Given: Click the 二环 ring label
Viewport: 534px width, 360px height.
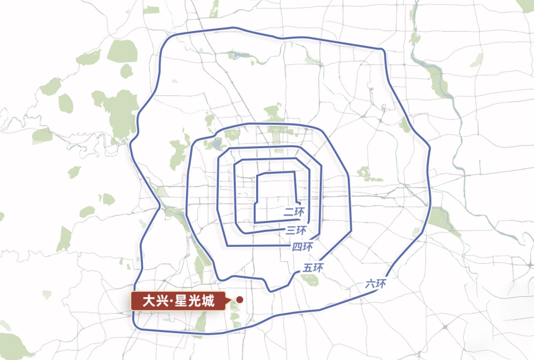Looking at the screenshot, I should pyautogui.click(x=294, y=212).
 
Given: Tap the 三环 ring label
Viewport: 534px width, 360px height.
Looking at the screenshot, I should pyautogui.click(x=296, y=230).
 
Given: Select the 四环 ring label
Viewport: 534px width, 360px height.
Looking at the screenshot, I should pyautogui.click(x=302, y=247).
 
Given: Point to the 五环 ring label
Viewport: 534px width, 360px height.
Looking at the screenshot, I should pyautogui.click(x=313, y=268).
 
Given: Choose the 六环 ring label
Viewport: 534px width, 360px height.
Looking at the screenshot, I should pyautogui.click(x=376, y=284).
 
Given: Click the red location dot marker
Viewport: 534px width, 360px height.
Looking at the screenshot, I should pyautogui.click(x=239, y=300).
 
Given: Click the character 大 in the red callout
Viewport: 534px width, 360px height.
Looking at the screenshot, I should pyautogui.click(x=149, y=301).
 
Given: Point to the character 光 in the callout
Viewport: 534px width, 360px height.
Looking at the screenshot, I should pyautogui.click(x=194, y=301).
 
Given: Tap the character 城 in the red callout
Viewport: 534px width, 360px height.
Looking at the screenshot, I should pyautogui.click(x=208, y=301).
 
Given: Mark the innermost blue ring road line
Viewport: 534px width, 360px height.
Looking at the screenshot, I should pyautogui.click(x=275, y=172).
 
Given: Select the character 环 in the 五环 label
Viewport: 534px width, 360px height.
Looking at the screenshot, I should pyautogui.click(x=318, y=268).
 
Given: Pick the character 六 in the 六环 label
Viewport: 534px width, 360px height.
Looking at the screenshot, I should pyautogui.click(x=370, y=284).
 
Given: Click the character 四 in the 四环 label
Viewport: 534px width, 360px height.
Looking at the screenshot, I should pyautogui.click(x=297, y=247).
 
